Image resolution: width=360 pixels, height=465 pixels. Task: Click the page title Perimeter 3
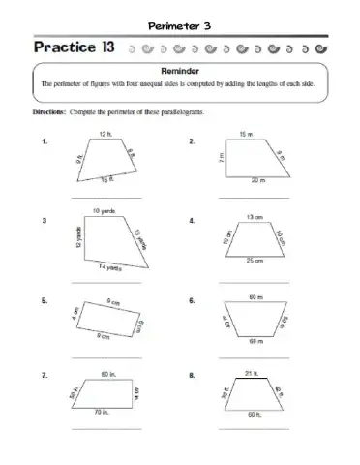click(x=180, y=24)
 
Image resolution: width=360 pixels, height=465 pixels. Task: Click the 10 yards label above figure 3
click(x=105, y=211)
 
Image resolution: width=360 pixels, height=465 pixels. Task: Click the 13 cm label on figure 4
click(x=254, y=217)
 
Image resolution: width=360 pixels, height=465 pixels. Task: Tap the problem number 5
click(x=45, y=302)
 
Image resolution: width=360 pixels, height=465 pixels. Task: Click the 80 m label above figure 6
click(x=254, y=295)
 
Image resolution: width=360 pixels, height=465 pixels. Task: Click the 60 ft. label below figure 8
click(x=254, y=414)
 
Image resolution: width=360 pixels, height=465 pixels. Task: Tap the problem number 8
click(x=193, y=375)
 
